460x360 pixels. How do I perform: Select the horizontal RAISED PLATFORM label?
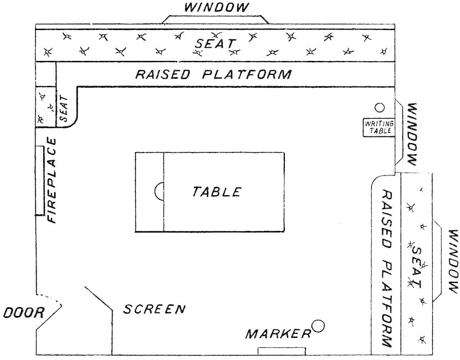point(213,74)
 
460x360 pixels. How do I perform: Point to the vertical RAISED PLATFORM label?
point(386,269)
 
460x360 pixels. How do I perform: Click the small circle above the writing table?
point(380,108)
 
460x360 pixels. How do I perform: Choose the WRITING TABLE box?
point(379,127)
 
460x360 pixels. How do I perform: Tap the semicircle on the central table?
point(159,192)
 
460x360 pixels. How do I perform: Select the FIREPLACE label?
point(53,180)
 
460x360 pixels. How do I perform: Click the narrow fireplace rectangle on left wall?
point(39,181)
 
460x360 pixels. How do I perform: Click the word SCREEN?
point(154,310)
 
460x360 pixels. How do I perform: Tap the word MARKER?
point(278,334)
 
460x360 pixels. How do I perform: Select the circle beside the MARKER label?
point(318,326)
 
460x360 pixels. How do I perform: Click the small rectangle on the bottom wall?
point(282,351)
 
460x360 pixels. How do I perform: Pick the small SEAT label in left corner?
point(63,108)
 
